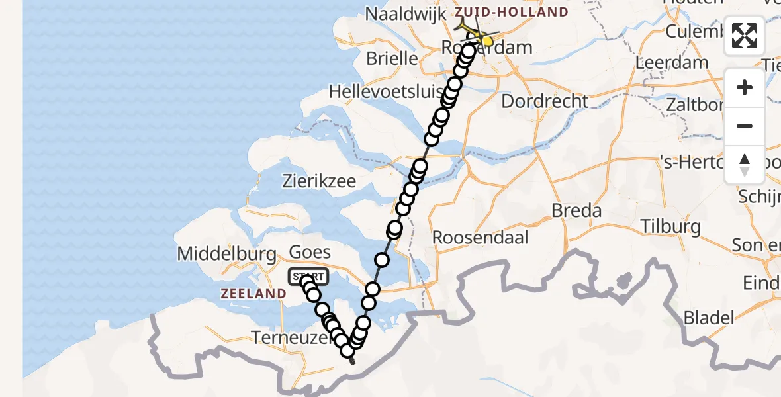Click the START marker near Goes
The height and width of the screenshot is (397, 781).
point(308,277)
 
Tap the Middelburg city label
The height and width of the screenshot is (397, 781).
point(226,253)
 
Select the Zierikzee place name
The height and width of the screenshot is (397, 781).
point(318,181)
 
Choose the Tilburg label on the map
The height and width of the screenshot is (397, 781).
point(670,227)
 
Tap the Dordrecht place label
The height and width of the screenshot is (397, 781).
point(545,101)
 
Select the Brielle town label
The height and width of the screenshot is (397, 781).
point(392,58)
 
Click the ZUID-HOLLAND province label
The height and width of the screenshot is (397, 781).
point(511,12)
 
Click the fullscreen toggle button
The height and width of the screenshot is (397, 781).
point(745,36)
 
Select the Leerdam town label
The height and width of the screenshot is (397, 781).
point(671,63)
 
